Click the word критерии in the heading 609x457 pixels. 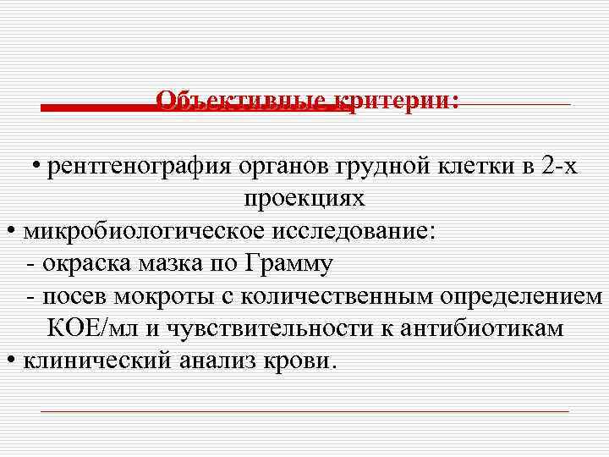[397, 102]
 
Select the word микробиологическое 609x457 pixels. [140, 231]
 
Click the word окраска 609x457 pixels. [84, 264]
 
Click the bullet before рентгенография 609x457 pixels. [39, 165]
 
